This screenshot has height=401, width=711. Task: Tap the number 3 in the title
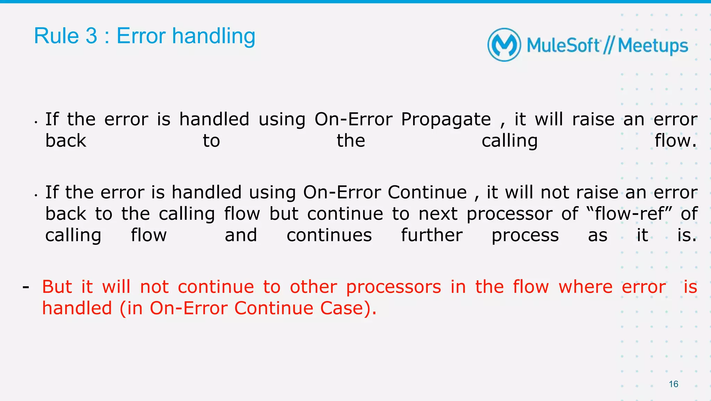(x=91, y=36)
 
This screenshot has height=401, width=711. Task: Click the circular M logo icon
(x=504, y=45)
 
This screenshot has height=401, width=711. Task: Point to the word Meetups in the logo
(x=653, y=46)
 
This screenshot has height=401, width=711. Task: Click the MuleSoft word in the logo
(x=563, y=46)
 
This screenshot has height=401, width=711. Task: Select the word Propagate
(x=446, y=119)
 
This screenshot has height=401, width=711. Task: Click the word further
(x=432, y=235)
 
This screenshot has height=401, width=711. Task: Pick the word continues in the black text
(x=329, y=235)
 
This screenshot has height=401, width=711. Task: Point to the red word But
(x=57, y=287)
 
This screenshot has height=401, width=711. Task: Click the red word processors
(x=394, y=287)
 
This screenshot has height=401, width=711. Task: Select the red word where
(x=585, y=287)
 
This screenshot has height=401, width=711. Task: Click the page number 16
(x=674, y=384)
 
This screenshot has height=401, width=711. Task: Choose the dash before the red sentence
(x=25, y=287)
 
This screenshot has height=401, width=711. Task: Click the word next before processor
(x=438, y=214)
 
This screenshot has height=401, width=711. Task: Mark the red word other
(x=313, y=287)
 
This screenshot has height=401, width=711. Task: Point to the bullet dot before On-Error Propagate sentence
(x=36, y=122)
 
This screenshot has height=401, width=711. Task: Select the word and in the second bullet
(x=241, y=235)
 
